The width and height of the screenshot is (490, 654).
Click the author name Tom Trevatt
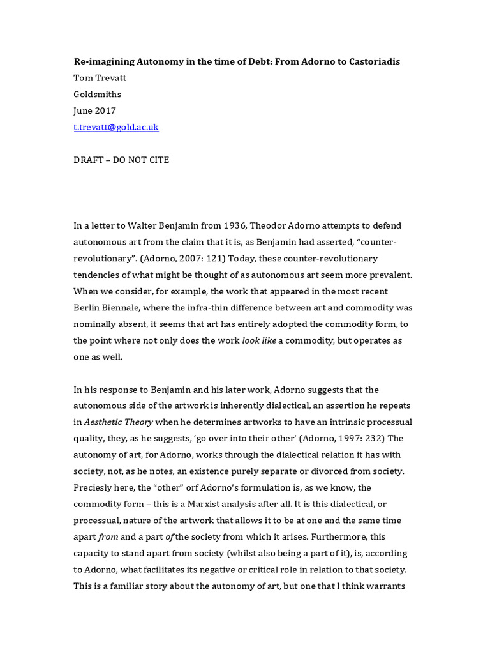[x=100, y=78]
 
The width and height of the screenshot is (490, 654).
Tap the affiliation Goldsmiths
[x=98, y=95]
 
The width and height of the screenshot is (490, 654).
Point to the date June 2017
[x=95, y=110]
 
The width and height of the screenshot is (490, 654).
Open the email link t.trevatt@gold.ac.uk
[x=116, y=127]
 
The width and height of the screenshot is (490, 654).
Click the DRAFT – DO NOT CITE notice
[x=122, y=160]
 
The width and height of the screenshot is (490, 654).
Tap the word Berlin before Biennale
[x=90, y=307]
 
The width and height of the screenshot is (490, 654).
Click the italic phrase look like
[x=259, y=340]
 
